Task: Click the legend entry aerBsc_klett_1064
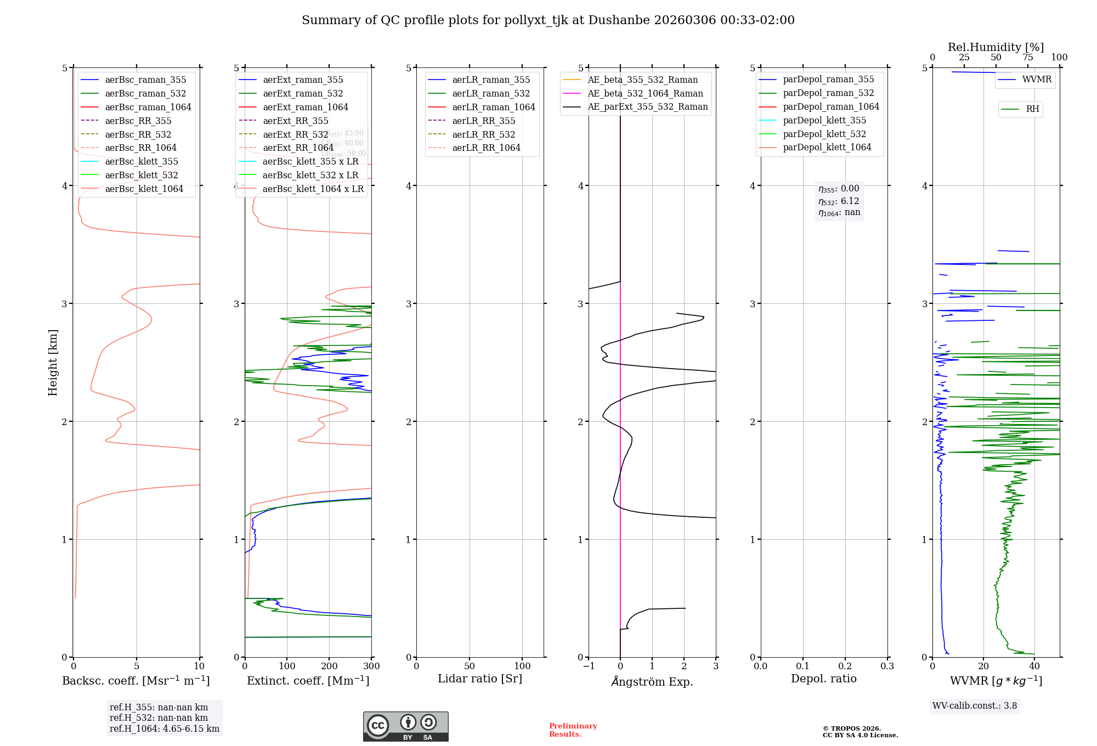pos(144,189)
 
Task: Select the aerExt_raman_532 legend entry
pos(303,93)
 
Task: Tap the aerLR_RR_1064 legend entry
pos(486,148)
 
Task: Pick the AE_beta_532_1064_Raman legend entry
pos(645,93)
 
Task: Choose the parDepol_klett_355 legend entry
pos(824,120)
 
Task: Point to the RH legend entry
pos(1032,109)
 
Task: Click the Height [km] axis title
pos(53,363)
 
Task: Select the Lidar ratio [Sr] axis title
pos(480,679)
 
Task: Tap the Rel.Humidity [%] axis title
pos(996,47)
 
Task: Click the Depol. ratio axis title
pos(823,679)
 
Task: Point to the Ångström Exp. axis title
pos(652,681)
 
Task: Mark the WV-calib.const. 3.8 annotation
pos(975,706)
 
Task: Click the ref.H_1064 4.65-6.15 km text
pos(165,728)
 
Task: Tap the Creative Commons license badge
pos(405,726)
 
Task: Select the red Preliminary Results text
pos(573,730)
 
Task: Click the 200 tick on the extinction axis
pos(329,666)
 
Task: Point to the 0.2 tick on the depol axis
pos(845,666)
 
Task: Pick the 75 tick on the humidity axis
pos(1028,58)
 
